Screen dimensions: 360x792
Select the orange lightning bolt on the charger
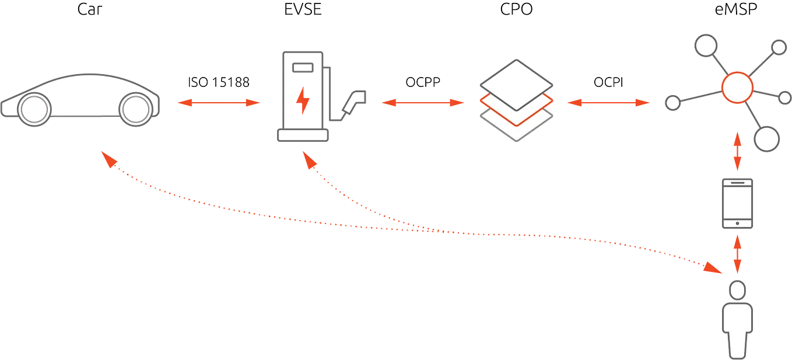tap(302, 101)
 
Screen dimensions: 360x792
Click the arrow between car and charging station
tap(218, 103)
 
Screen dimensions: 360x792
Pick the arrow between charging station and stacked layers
tap(422, 103)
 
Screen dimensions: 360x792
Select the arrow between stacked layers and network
tap(608, 103)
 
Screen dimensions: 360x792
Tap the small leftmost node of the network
tap(672, 103)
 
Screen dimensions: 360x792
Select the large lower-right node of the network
tap(766, 139)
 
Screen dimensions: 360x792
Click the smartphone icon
tap(738, 204)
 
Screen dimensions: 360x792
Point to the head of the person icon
tap(738, 290)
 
